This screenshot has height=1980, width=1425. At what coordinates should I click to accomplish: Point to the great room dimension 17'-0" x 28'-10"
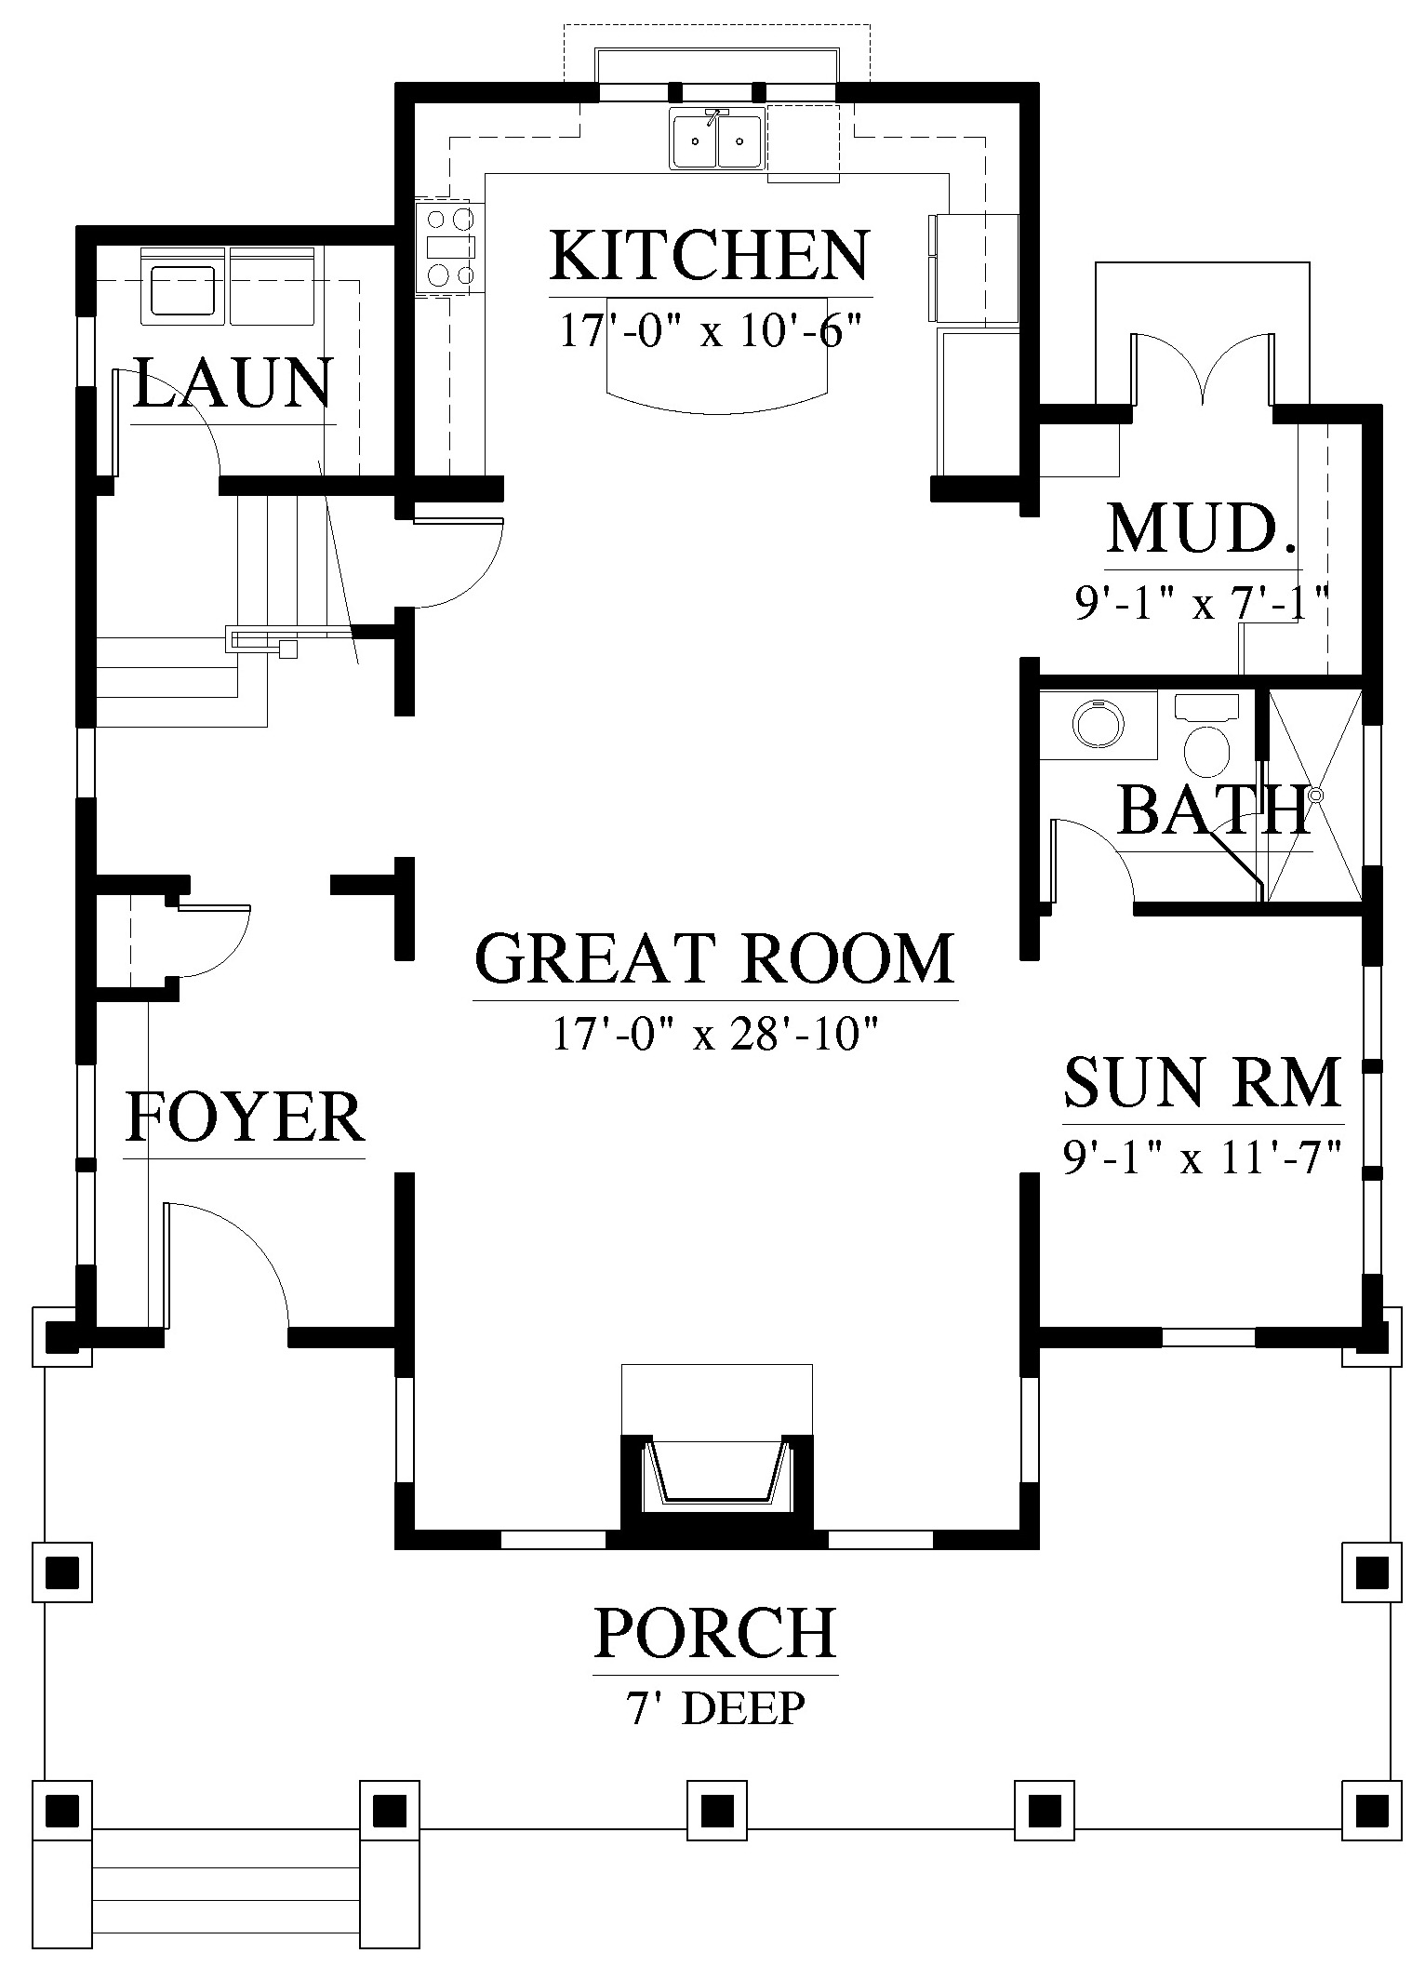pyautogui.click(x=716, y=1033)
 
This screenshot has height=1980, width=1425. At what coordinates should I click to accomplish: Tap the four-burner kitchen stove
pyautogui.click(x=450, y=247)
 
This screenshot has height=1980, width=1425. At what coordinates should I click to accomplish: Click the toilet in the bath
pyautogui.click(x=1206, y=733)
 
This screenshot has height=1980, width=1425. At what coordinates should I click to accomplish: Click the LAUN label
pyautogui.click(x=233, y=383)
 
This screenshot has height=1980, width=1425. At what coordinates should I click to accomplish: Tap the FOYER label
pyautogui.click(x=245, y=1117)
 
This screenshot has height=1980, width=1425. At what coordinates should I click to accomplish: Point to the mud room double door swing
pyautogui.click(x=1204, y=368)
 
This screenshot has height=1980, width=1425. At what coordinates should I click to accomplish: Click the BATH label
pyautogui.click(x=1213, y=809)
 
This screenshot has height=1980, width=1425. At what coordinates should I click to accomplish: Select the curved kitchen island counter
pyautogui.click(x=716, y=354)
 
